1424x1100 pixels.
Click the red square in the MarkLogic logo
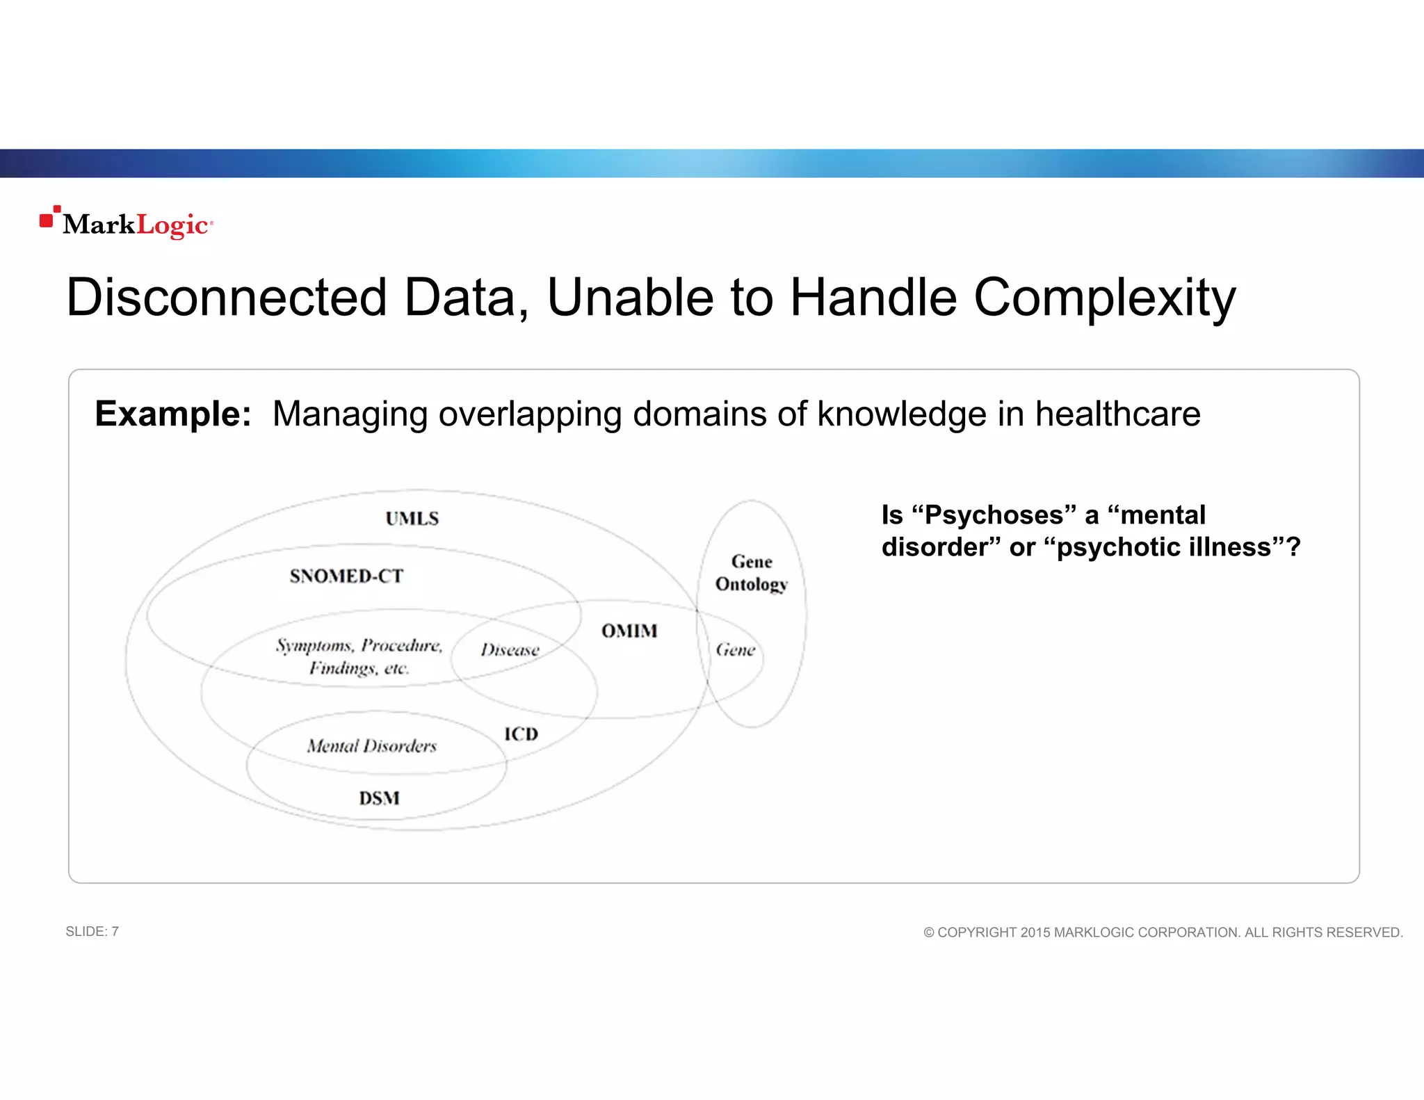click(47, 220)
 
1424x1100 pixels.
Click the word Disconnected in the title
click(225, 298)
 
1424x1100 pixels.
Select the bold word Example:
click(172, 414)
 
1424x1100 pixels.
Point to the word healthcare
click(1117, 414)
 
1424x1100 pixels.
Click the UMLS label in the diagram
click(412, 519)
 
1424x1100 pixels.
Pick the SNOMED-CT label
click(346, 576)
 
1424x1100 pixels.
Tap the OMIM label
click(629, 631)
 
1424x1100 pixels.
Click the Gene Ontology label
click(752, 573)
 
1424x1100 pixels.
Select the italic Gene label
click(736, 649)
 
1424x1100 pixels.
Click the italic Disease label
click(510, 649)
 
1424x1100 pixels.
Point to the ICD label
click(521, 734)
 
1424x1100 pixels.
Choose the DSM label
click(379, 798)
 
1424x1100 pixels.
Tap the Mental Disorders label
click(372, 746)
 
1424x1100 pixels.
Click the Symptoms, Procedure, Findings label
click(359, 656)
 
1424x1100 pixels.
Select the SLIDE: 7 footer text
click(92, 931)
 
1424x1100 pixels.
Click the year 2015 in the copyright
click(1035, 932)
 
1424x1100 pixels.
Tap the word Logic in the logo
click(172, 225)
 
